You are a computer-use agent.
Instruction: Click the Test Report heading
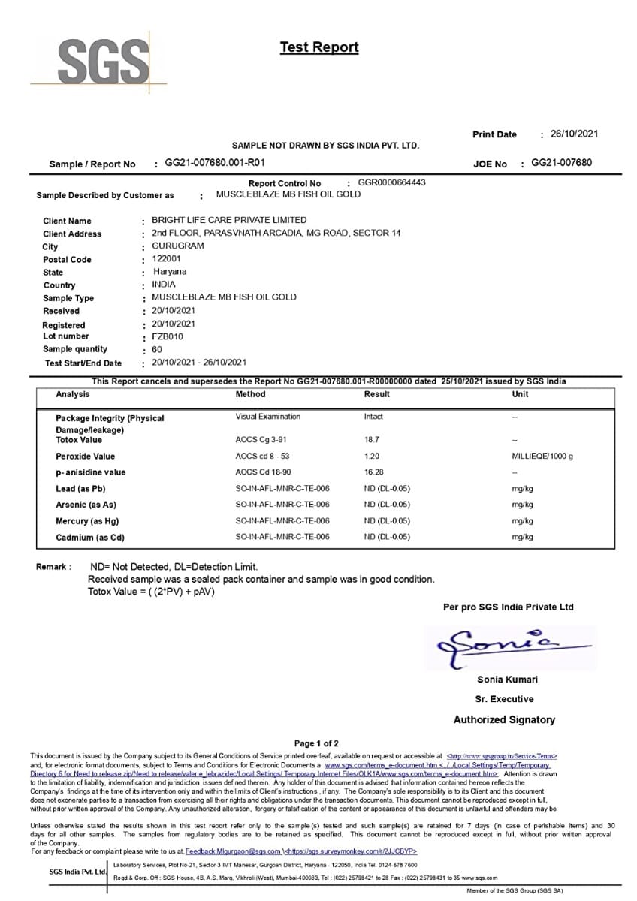click(x=319, y=47)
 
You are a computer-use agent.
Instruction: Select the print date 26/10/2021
click(x=574, y=134)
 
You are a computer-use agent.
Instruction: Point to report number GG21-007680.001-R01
click(x=215, y=163)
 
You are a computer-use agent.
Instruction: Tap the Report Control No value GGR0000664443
click(x=391, y=182)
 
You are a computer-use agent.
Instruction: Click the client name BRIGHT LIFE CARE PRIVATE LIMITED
click(x=229, y=220)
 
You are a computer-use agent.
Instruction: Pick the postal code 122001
click(x=168, y=259)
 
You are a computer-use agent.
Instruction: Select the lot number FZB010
click(x=168, y=336)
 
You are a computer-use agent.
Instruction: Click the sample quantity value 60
click(x=157, y=349)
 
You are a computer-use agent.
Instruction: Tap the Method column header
click(x=250, y=394)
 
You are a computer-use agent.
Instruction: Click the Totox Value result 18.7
click(x=372, y=439)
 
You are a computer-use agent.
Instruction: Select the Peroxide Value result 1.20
click(x=372, y=456)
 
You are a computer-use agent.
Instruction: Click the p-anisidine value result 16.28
click(x=374, y=472)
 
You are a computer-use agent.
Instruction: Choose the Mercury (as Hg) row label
click(x=87, y=521)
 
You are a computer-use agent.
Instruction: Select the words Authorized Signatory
click(x=504, y=719)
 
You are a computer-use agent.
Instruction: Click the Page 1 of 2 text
click(x=316, y=743)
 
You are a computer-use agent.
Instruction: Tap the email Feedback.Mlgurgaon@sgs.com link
click(x=233, y=851)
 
